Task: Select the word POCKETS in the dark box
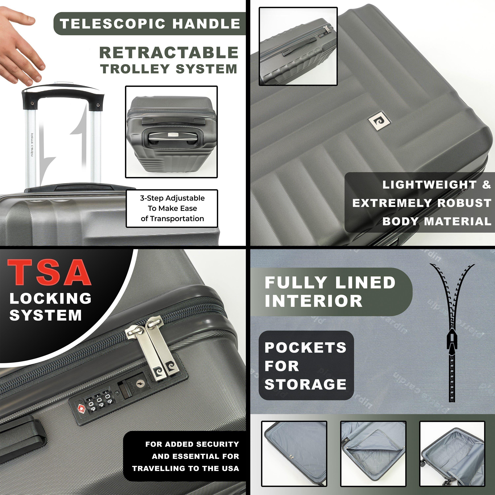pos(306,348)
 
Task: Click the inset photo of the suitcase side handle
pos(298,46)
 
